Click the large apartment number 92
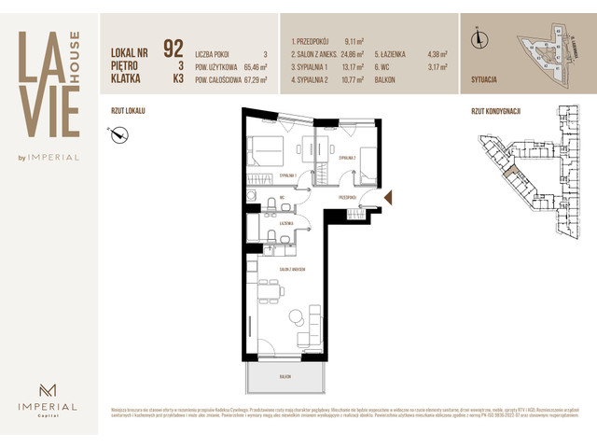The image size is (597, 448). coord(173,49)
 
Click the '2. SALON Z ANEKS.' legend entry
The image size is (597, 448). coord(313,55)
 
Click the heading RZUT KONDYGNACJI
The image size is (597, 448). coord(495,109)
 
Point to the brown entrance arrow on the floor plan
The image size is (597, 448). coord(390,197)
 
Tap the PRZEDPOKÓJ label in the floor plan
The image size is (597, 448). coord(349,198)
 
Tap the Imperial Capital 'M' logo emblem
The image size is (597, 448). coord(49,388)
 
